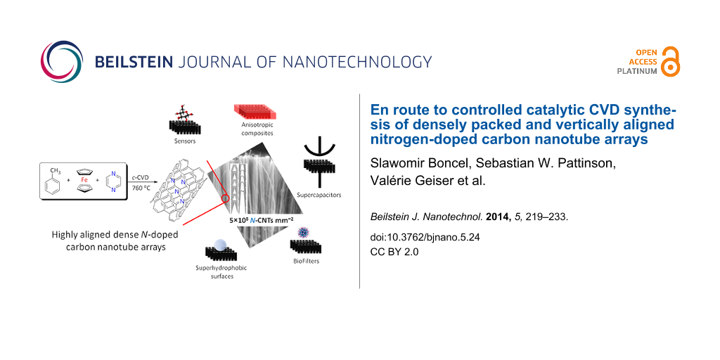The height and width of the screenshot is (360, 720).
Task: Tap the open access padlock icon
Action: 671,60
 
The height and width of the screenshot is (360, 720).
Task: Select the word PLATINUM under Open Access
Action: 637,71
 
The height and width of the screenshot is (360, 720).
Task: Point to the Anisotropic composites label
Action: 252,128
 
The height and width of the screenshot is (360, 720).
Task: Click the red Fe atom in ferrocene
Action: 84,180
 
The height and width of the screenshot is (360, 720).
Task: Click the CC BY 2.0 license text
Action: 394,252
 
